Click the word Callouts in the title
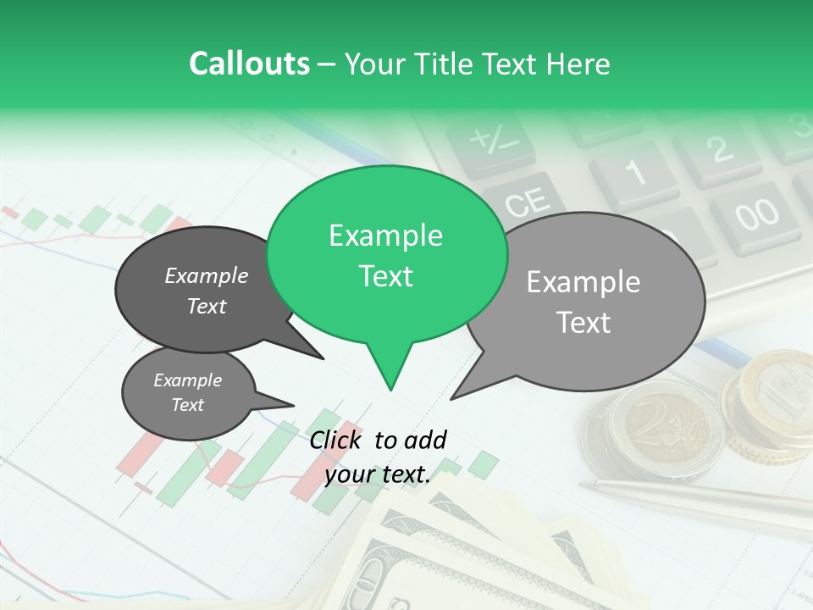249,64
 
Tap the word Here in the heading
578,64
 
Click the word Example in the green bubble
385,236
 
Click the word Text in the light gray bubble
584,323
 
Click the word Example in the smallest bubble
187,380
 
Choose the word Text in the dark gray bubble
207,307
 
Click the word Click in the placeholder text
338,440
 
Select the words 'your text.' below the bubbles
378,475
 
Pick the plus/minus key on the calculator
490,140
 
